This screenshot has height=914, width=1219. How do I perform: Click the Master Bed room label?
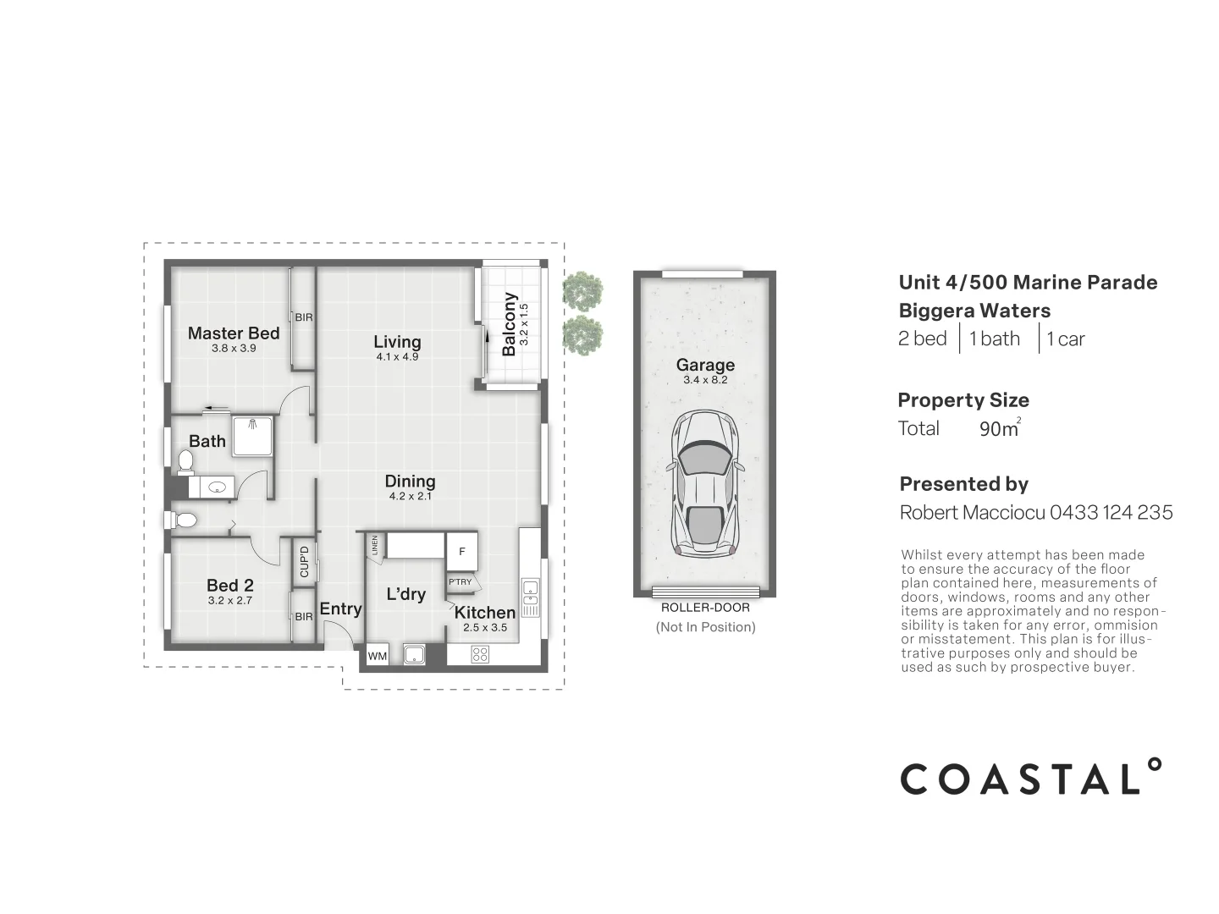233,333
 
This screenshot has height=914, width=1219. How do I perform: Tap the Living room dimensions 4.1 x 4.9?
397,357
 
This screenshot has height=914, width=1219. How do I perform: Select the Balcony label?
509,324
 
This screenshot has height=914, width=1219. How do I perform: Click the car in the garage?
705,482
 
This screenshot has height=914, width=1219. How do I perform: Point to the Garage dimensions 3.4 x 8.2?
705,381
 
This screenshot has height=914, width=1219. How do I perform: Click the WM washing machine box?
378,656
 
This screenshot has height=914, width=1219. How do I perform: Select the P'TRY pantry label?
461,582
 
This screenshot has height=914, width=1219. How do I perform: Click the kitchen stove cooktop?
480,654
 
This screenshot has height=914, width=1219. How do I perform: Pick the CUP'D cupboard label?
305,561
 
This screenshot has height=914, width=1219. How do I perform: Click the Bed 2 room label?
230,586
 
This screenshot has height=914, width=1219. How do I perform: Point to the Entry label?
340,609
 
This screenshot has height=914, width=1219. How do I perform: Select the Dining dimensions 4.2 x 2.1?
411,497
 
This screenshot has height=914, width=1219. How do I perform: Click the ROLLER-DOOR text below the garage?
705,608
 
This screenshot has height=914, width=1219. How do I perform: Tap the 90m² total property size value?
999,428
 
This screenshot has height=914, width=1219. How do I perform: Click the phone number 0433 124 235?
1111,512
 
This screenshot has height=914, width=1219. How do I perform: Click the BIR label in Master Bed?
304,318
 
